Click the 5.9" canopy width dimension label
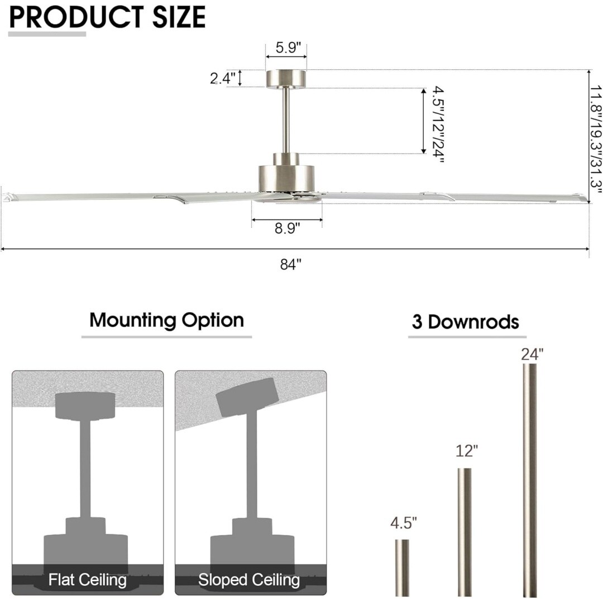coord(286,48)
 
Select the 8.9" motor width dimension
coord(286,228)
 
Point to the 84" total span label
coord(291,265)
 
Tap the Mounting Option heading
coord(166,320)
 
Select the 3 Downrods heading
coord(465,322)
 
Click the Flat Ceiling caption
coord(88,580)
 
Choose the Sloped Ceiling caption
coord(249,580)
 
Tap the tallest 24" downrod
coord(530,480)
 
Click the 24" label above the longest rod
coord(532,354)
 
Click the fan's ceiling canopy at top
coord(286,78)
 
